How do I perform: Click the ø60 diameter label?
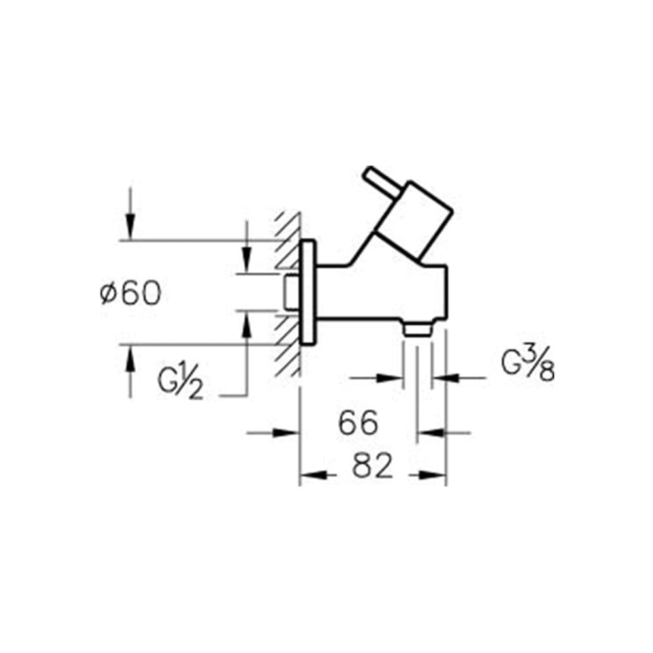pos(131,293)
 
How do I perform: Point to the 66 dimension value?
pos(358,422)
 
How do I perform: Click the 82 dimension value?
pos(372,466)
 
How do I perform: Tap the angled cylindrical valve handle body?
pos(414,220)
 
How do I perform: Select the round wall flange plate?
pos(308,293)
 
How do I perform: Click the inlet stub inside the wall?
pos(292,293)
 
